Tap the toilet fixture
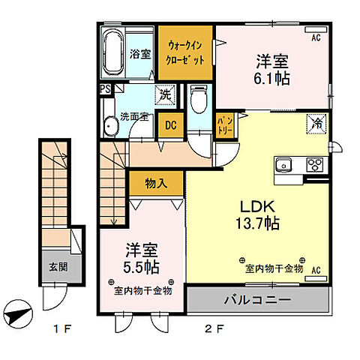199,99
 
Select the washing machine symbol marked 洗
165,95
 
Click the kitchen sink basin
283,165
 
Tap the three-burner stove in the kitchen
315,164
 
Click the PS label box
106,89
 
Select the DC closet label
171,125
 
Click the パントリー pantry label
225,126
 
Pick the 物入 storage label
156,184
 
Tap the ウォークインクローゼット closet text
185,53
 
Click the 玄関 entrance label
58,267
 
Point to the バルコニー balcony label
257,299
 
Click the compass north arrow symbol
19,313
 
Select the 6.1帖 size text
271,79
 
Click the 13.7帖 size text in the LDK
257,223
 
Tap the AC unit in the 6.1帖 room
316,29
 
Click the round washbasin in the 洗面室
111,127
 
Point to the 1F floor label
62,329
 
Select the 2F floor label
214,329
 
